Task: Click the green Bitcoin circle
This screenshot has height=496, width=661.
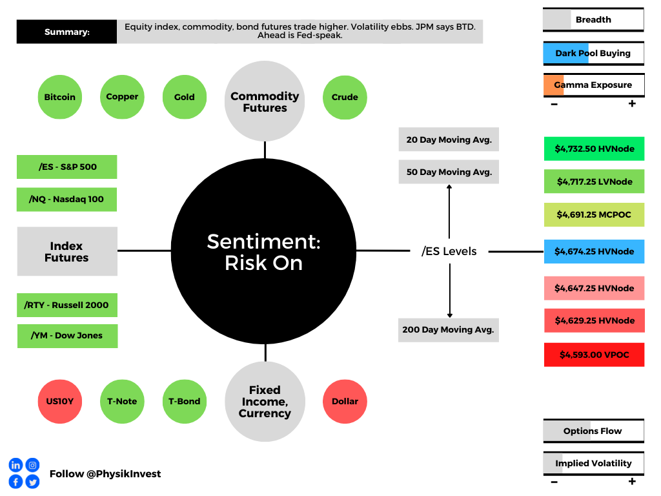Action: pyautogui.click(x=60, y=97)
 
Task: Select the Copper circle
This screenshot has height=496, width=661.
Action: pyautogui.click(x=122, y=97)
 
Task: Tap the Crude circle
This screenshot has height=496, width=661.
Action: pyautogui.click(x=345, y=98)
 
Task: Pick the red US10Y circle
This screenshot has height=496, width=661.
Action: pyautogui.click(x=60, y=402)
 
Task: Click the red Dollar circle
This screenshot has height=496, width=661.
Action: pyautogui.click(x=345, y=402)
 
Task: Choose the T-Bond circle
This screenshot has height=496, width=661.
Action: pyautogui.click(x=185, y=402)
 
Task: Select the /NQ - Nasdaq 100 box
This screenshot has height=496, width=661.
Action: pyautogui.click(x=66, y=200)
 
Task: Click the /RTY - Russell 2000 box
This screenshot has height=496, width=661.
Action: pyautogui.click(x=67, y=305)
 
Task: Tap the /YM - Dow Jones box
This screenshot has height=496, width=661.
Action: pyautogui.click(x=67, y=336)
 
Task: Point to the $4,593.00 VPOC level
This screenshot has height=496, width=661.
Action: pyautogui.click(x=594, y=355)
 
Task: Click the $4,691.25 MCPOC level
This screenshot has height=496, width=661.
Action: pyautogui.click(x=594, y=214)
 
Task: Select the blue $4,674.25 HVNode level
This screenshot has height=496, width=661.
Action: pyautogui.click(x=594, y=251)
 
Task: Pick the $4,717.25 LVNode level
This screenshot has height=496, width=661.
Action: pyautogui.click(x=594, y=181)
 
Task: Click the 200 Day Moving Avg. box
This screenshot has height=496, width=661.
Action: pyautogui.click(x=449, y=330)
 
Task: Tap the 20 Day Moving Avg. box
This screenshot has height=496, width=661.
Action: pyautogui.click(x=449, y=139)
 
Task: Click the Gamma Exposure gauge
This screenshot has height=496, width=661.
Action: pyautogui.click(x=594, y=85)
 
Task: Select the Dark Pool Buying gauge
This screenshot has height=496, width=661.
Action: pyautogui.click(x=594, y=54)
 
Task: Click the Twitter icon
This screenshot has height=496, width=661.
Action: pyautogui.click(x=32, y=482)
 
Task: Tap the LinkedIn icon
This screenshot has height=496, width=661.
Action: pyautogui.click(x=15, y=465)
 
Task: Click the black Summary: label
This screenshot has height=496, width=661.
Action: pyautogui.click(x=66, y=32)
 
